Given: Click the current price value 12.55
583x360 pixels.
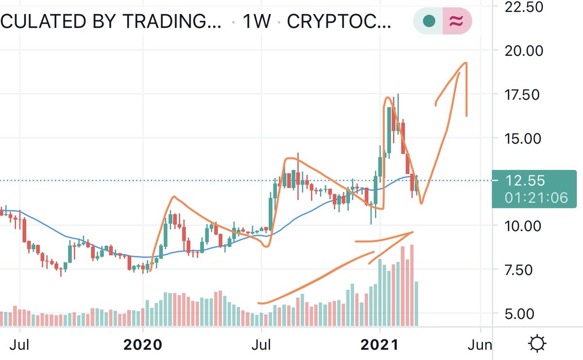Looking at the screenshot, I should click(525, 181).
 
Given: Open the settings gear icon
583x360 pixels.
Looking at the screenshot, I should click(537, 344).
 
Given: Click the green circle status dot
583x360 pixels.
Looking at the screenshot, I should click(429, 21).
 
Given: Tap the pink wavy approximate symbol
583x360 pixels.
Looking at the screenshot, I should click(456, 21).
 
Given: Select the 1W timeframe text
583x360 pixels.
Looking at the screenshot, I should click(257, 22).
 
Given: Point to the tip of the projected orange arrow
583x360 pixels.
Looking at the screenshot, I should click(466, 63).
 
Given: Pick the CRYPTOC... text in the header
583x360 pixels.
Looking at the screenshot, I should click(339, 22).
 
